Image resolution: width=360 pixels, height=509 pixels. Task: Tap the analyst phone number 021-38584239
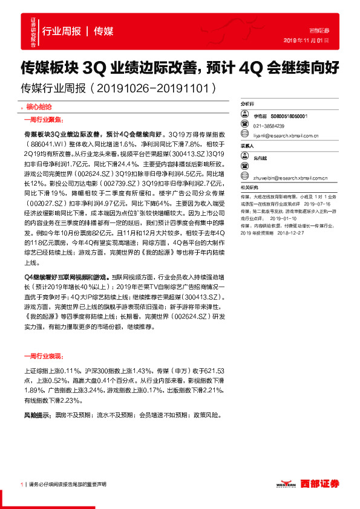267,126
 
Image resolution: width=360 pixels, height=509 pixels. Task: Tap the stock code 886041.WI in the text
50,146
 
